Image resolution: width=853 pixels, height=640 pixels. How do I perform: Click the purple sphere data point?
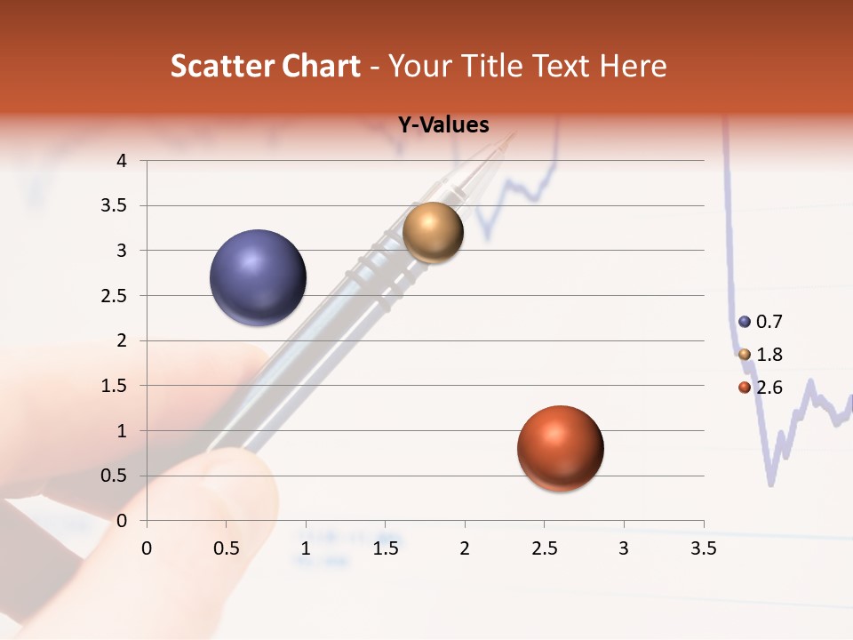pos(259,277)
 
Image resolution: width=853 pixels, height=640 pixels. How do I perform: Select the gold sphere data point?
pos(433,232)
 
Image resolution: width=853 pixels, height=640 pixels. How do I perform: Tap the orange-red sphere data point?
pos(560,448)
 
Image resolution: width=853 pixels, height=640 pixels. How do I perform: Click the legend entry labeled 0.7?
pos(761,322)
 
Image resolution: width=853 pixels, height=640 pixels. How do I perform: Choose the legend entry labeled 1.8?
pos(761,355)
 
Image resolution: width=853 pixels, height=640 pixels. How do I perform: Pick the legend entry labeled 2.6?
pos(761,387)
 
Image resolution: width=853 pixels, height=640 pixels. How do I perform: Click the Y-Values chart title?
pos(443,125)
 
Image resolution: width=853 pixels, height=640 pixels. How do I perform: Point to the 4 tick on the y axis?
pos(122,161)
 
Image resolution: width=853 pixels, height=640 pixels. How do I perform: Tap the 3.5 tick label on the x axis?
pos(703,548)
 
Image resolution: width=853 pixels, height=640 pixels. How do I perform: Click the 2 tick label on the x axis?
pos(465,548)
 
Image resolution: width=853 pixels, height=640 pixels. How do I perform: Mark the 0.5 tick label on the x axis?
pos(227,548)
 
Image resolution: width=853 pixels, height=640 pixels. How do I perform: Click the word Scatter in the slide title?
pos(218,66)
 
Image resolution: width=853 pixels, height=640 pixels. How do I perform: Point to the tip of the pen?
pos(513,136)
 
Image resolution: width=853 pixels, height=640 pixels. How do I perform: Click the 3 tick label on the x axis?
pos(624,548)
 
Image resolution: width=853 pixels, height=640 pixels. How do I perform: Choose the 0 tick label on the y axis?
pos(122,521)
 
